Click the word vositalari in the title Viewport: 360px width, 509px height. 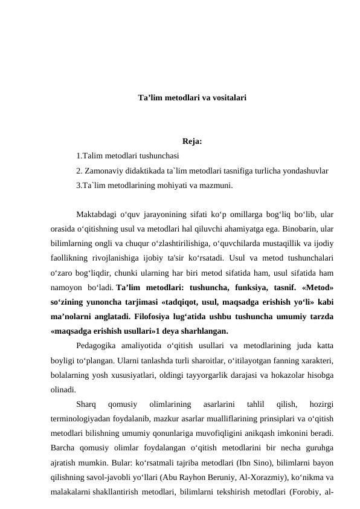227,97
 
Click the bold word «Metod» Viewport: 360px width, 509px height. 317,287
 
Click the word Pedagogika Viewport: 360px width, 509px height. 100,346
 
